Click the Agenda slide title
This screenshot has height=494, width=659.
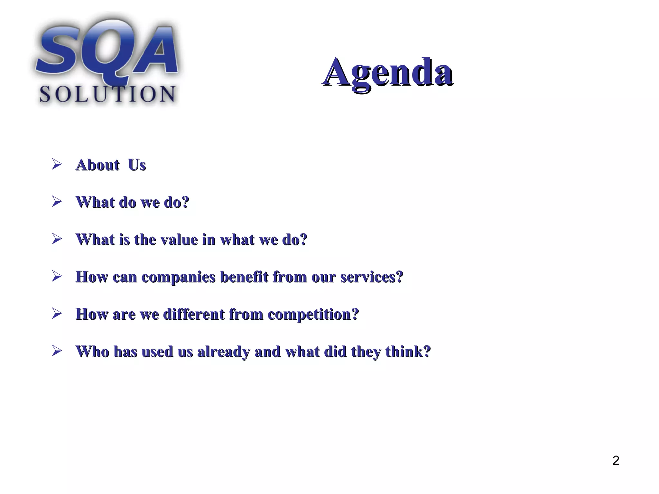point(388,72)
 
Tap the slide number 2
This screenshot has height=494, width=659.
point(616,461)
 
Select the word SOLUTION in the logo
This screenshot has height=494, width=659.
point(107,94)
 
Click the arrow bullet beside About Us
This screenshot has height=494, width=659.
point(57,164)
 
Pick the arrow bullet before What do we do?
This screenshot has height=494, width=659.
point(57,202)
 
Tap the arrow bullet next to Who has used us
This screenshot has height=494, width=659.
point(57,351)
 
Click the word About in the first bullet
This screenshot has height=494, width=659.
point(97,165)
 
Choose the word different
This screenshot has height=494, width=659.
point(194,314)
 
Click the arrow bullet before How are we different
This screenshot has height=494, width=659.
point(57,314)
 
